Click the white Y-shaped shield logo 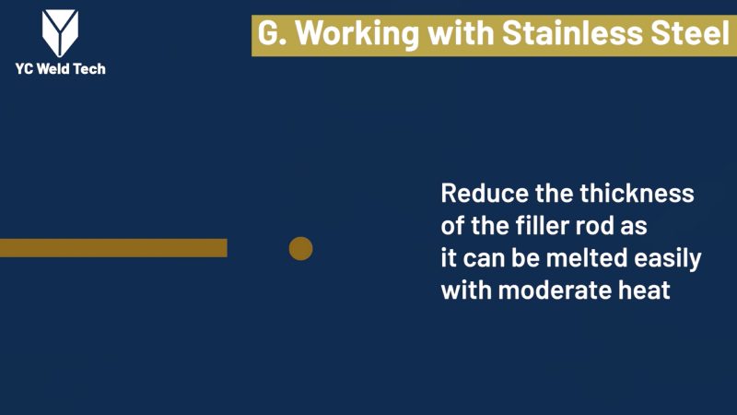[60, 33]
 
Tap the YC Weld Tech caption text [60, 69]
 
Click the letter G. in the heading [272, 33]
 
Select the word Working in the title [357, 35]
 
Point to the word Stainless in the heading [573, 33]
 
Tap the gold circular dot [301, 248]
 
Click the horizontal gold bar [113, 248]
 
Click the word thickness [637, 194]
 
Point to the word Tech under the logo [89, 69]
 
